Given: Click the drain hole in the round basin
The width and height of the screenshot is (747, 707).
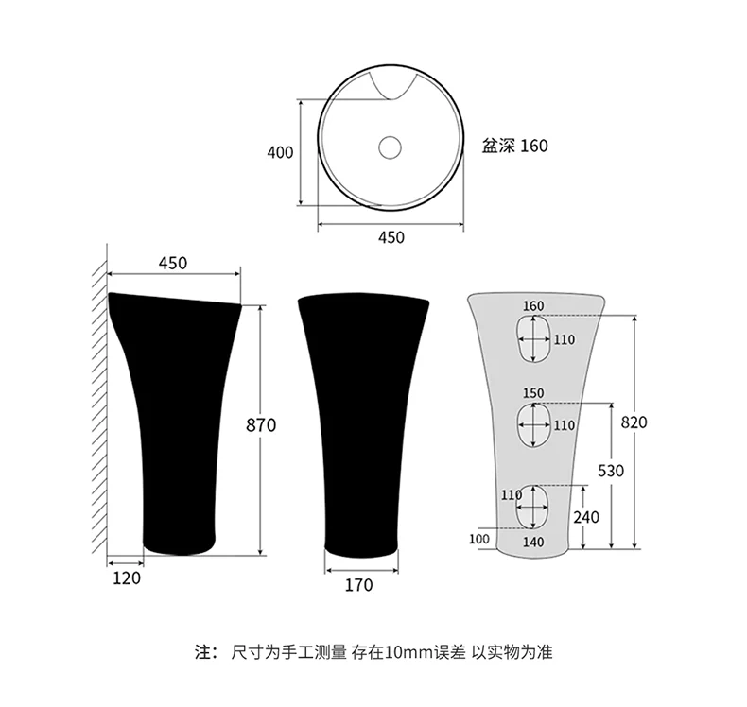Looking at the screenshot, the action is (390, 147).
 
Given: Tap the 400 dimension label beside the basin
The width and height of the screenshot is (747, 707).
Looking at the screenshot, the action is (280, 152).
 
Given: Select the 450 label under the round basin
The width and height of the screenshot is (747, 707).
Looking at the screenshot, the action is (391, 237).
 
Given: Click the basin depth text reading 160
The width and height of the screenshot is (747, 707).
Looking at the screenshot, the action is (534, 146).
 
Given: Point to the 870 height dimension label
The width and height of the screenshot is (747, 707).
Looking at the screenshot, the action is (261, 424).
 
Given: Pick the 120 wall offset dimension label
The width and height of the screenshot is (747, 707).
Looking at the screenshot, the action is (127, 578).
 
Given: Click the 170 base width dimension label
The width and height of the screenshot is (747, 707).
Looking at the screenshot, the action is (358, 585).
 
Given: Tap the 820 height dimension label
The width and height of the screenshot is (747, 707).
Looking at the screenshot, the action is (634, 422).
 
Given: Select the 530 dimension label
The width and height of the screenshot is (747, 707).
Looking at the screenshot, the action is (611, 471).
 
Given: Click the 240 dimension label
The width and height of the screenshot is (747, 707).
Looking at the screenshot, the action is (586, 517).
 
